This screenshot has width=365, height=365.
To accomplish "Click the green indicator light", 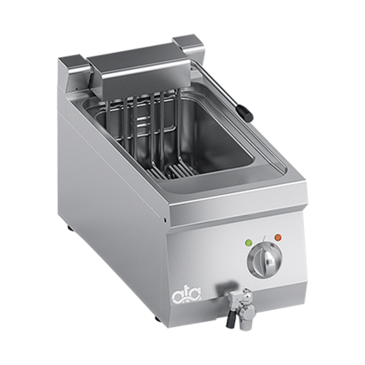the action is [x=249, y=243].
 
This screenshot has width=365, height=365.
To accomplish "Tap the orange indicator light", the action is [x=278, y=238].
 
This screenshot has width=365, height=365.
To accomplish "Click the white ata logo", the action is [x=187, y=295].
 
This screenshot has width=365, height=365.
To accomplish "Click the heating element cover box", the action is [x=140, y=70].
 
